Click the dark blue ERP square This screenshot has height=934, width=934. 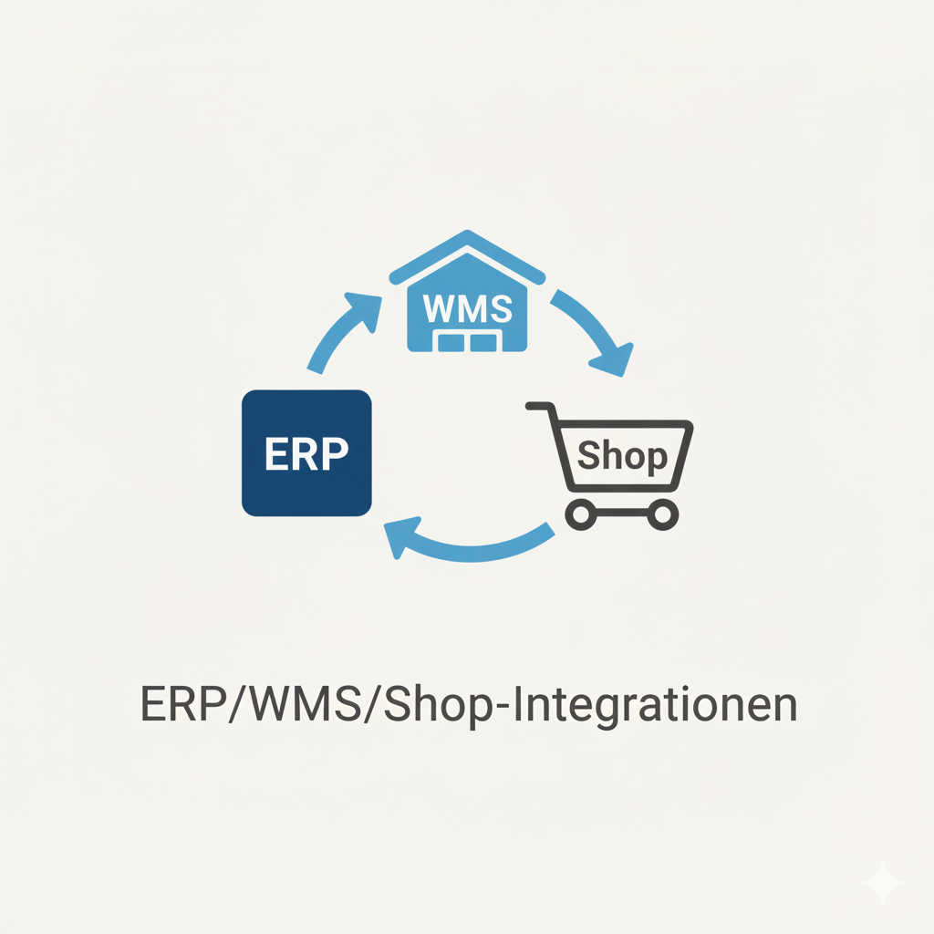tap(306, 452)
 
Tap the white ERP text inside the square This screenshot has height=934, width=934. tap(306, 454)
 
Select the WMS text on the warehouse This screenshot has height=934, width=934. tap(468, 308)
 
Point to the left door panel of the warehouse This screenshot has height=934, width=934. tap(451, 343)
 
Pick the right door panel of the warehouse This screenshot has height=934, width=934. tap(483, 343)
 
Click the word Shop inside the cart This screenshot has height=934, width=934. tap(622, 456)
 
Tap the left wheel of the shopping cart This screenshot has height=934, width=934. tap(581, 514)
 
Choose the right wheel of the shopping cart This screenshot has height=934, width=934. tap(662, 514)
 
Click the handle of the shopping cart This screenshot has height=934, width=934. tap(541, 406)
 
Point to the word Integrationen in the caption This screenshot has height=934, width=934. tap(654, 706)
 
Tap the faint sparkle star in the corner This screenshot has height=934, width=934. tap(883, 882)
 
